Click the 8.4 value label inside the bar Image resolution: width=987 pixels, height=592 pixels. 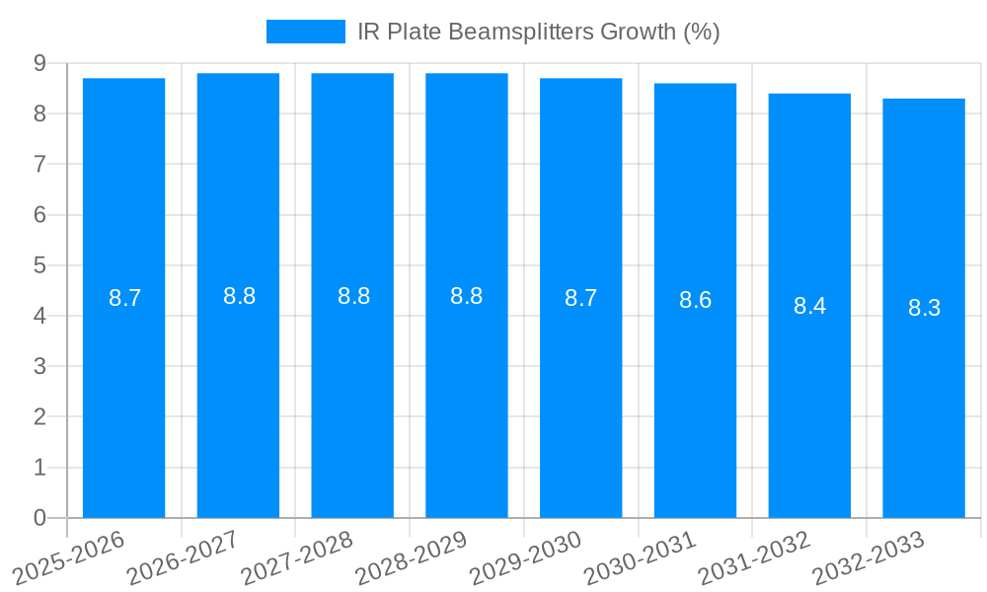pos(809,306)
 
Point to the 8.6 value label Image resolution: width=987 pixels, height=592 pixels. pos(695,301)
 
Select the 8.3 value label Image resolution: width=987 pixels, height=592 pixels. pos(924,308)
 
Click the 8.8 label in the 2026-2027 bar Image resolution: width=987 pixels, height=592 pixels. pos(239,296)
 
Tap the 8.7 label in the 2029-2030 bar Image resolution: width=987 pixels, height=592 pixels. pos(580,298)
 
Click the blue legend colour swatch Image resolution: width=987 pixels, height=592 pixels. pos(305,32)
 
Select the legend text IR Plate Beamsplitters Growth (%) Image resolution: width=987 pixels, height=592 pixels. pos(538,32)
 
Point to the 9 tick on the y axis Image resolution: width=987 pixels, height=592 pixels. pos(39,63)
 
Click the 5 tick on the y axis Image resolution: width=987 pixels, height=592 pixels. pos(39,265)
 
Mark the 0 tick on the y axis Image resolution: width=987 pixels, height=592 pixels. pos(39,518)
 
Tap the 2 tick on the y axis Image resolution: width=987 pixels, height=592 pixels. pos(39,417)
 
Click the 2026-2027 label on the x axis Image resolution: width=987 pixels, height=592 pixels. pos(183,557)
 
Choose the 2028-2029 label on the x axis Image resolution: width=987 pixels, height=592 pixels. pos(411,557)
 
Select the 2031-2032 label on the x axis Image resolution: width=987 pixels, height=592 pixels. pos(754,557)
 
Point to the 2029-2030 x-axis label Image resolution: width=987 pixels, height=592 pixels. pos(525,557)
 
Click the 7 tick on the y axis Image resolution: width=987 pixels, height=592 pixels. pos(39,164)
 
